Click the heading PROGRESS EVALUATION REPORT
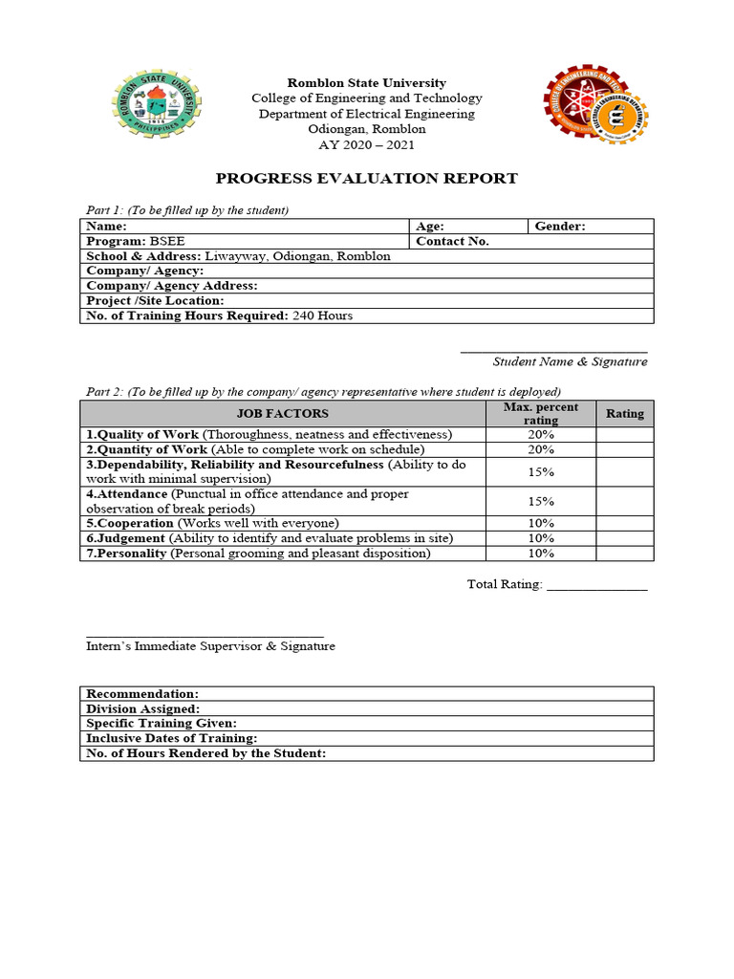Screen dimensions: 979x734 [366, 178]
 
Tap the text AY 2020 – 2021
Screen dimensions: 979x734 [367, 145]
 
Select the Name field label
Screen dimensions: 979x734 [106, 227]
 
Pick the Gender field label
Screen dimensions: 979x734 [560, 227]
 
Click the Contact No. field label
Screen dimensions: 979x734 [452, 242]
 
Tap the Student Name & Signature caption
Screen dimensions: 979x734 [570, 361]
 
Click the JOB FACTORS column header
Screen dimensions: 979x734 [282, 414]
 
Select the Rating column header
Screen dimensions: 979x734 [625, 414]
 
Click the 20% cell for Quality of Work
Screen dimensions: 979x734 [541, 435]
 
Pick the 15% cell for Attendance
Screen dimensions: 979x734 [541, 501]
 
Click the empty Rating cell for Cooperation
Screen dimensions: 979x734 [625, 524]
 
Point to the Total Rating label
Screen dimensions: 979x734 [505, 584]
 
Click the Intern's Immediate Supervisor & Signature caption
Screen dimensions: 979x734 [210, 646]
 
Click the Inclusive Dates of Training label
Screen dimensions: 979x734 [171, 738]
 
